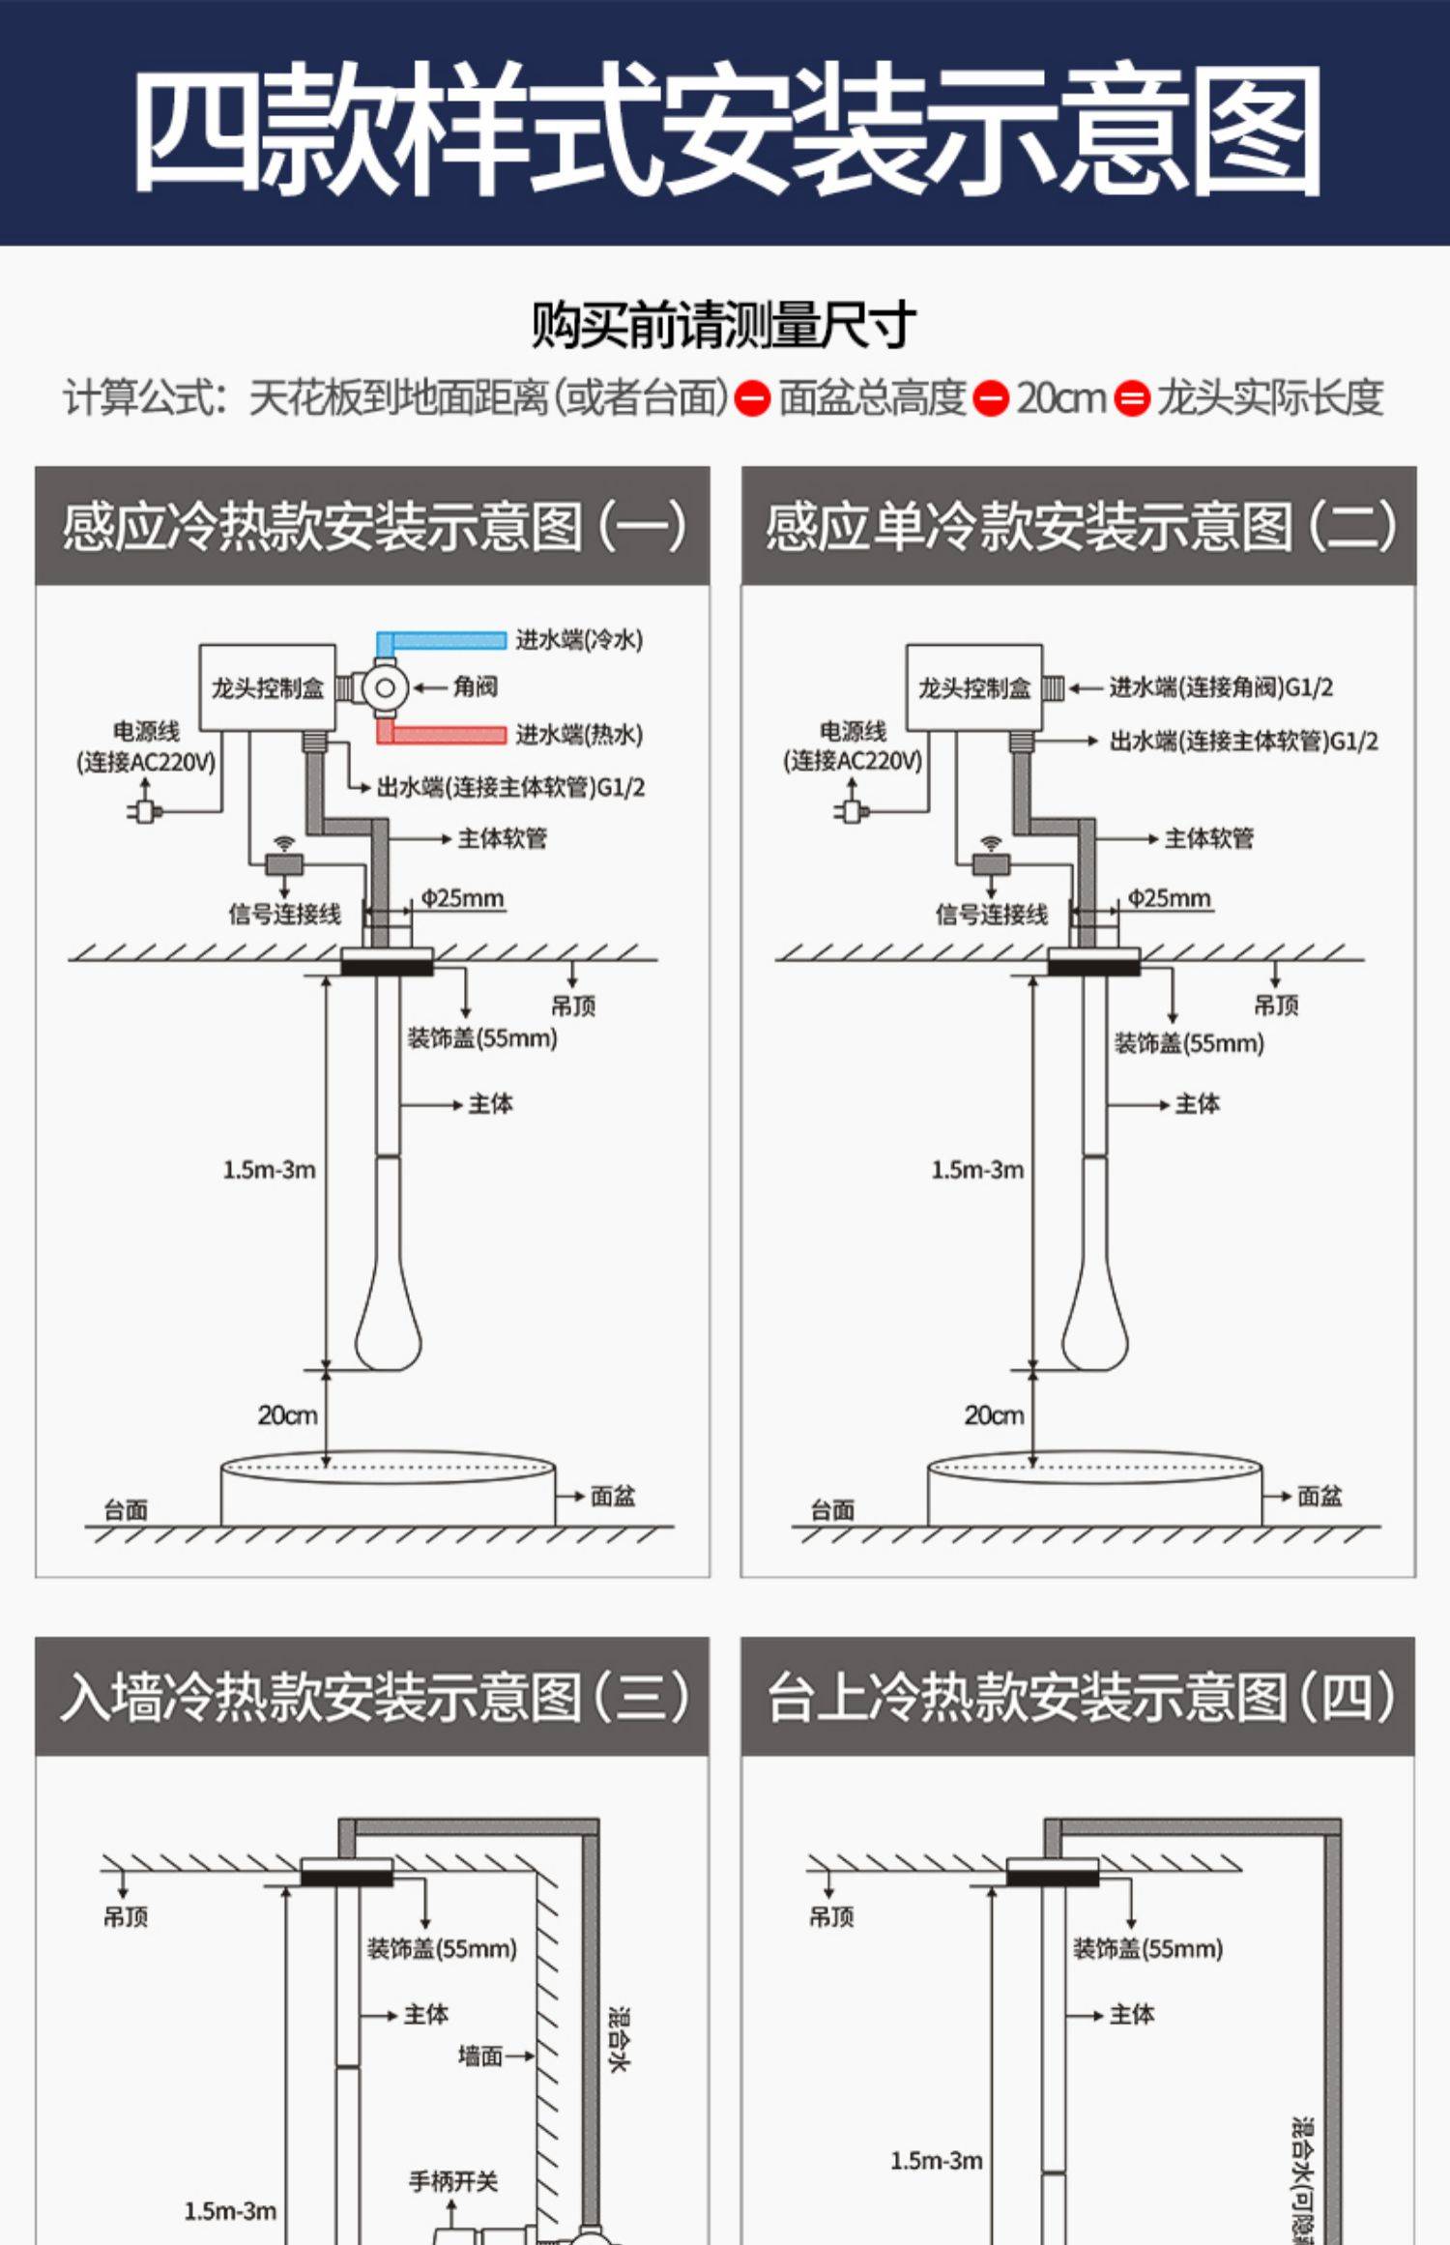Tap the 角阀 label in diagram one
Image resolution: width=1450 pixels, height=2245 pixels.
(x=475, y=687)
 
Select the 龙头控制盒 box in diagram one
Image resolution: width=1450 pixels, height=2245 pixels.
(x=267, y=687)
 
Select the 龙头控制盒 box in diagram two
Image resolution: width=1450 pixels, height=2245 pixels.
(x=973, y=687)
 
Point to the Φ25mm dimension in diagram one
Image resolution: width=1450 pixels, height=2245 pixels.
(x=462, y=898)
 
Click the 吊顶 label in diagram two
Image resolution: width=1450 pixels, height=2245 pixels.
(x=1276, y=1006)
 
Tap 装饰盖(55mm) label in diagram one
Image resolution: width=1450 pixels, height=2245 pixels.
(x=481, y=1038)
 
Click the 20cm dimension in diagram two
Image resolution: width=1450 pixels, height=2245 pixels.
(x=993, y=1415)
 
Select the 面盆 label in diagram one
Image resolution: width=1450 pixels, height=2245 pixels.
(x=613, y=1497)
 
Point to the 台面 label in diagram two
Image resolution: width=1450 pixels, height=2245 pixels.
(x=832, y=1509)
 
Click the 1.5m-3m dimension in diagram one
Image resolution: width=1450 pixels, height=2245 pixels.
(x=269, y=1170)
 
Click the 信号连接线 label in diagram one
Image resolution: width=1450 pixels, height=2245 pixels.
(x=284, y=914)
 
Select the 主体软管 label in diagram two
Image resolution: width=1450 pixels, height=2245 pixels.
(x=1208, y=838)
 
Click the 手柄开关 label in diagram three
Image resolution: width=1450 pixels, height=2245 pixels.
(x=453, y=2182)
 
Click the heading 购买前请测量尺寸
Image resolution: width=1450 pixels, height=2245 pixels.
(x=723, y=325)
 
